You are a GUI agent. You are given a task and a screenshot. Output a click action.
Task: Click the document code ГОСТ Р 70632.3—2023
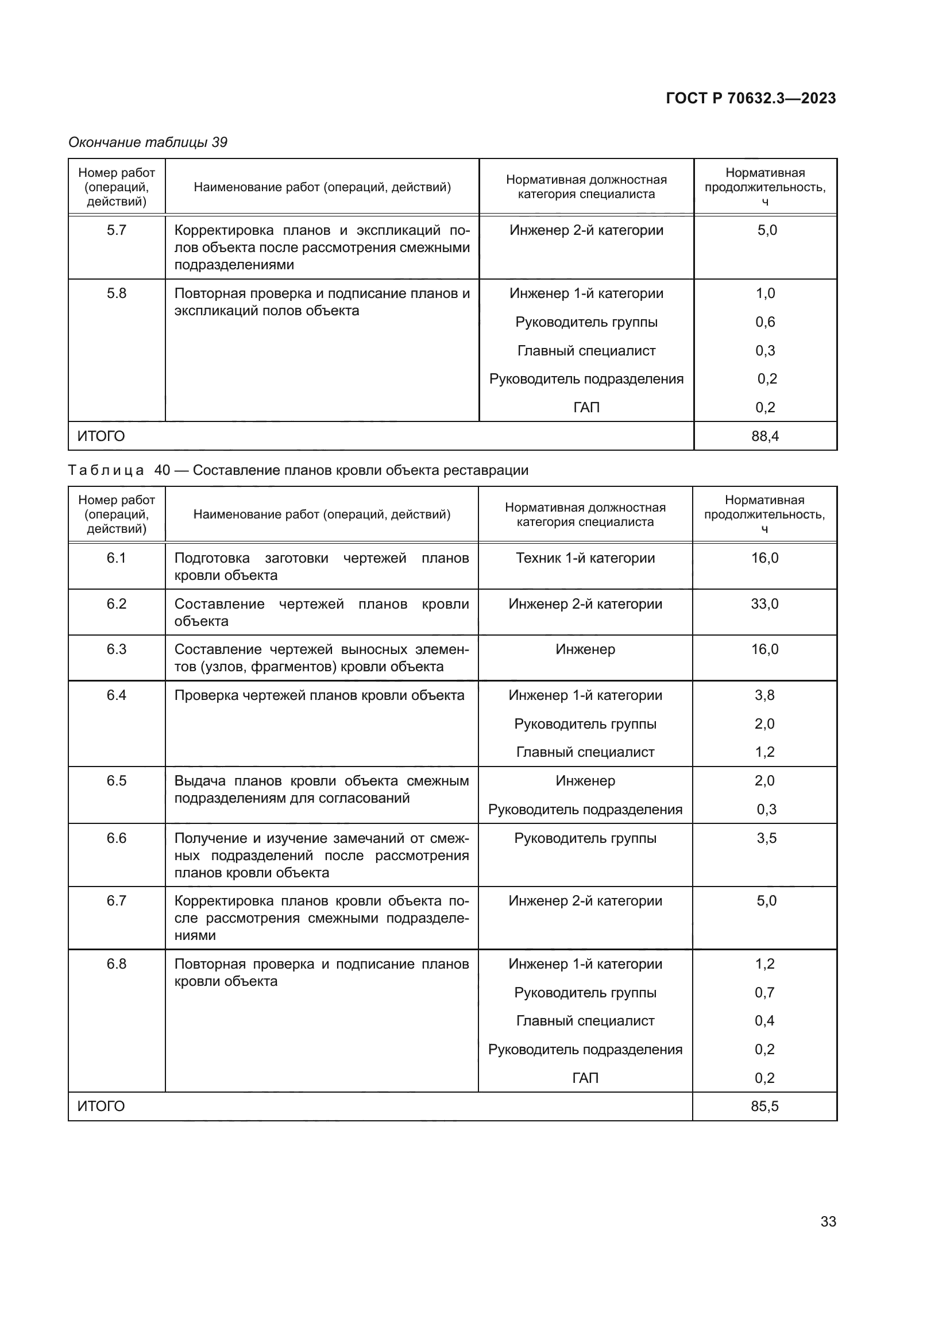751,98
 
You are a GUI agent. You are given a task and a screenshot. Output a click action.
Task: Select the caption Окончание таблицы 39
148,142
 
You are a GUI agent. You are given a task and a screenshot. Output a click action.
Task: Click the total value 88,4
764,436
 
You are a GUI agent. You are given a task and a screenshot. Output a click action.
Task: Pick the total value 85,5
764,1106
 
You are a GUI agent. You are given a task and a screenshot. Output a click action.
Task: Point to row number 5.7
117,230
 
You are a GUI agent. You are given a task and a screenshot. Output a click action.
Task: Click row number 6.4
117,695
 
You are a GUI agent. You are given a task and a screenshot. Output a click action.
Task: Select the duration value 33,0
764,603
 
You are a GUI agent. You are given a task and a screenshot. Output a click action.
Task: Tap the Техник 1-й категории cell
585,558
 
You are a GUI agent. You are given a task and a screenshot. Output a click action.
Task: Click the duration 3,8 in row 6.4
764,695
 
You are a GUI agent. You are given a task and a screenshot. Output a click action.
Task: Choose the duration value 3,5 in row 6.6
766,838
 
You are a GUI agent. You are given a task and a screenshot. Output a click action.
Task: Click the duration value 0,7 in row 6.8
764,992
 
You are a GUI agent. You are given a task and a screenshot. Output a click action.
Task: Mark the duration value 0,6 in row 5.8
764,322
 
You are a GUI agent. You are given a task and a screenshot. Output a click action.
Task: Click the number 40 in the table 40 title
162,470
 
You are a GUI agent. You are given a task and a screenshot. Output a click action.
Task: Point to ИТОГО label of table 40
101,1106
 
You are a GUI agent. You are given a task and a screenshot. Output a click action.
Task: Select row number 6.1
117,558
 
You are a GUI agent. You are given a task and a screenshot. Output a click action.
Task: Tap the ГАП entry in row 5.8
586,407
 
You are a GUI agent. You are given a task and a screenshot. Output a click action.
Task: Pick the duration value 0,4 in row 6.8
764,1021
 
